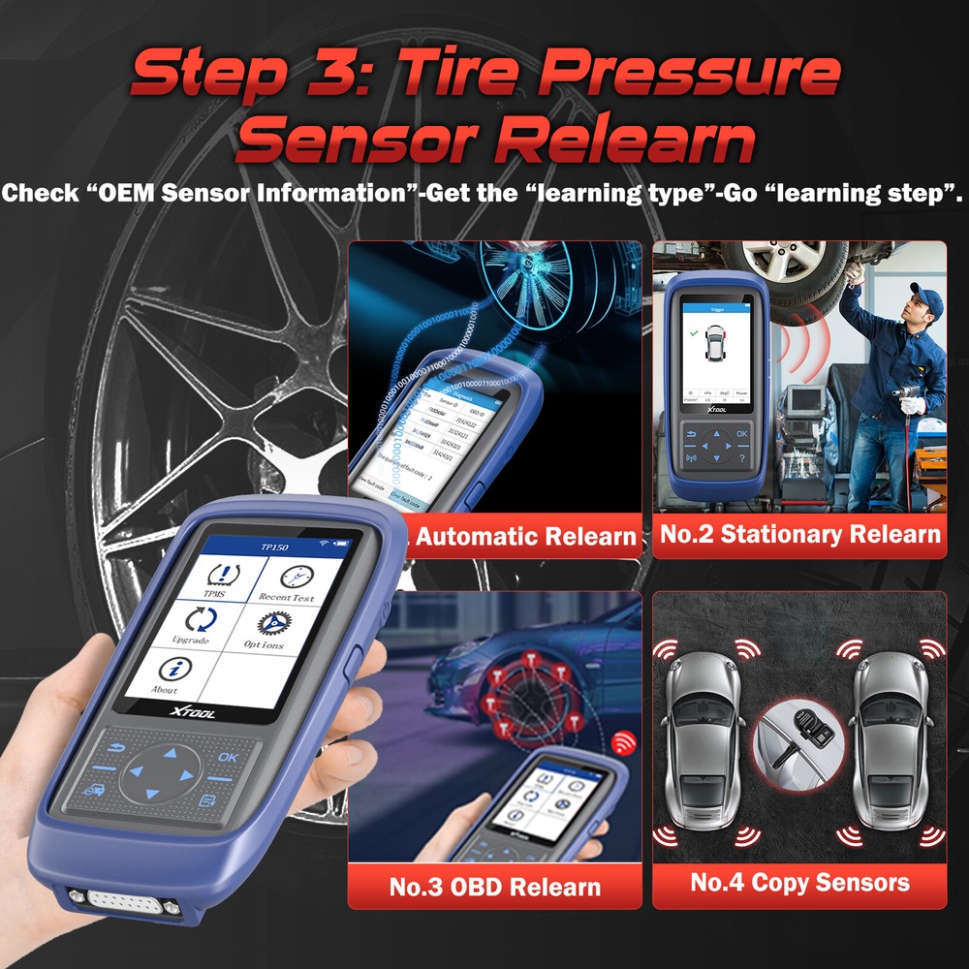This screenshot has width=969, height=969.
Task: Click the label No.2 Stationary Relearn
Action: (x=799, y=534)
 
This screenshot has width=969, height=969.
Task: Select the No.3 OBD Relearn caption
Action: (x=494, y=886)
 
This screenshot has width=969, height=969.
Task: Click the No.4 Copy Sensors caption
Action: (x=799, y=882)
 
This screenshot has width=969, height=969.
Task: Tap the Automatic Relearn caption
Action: (x=526, y=536)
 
